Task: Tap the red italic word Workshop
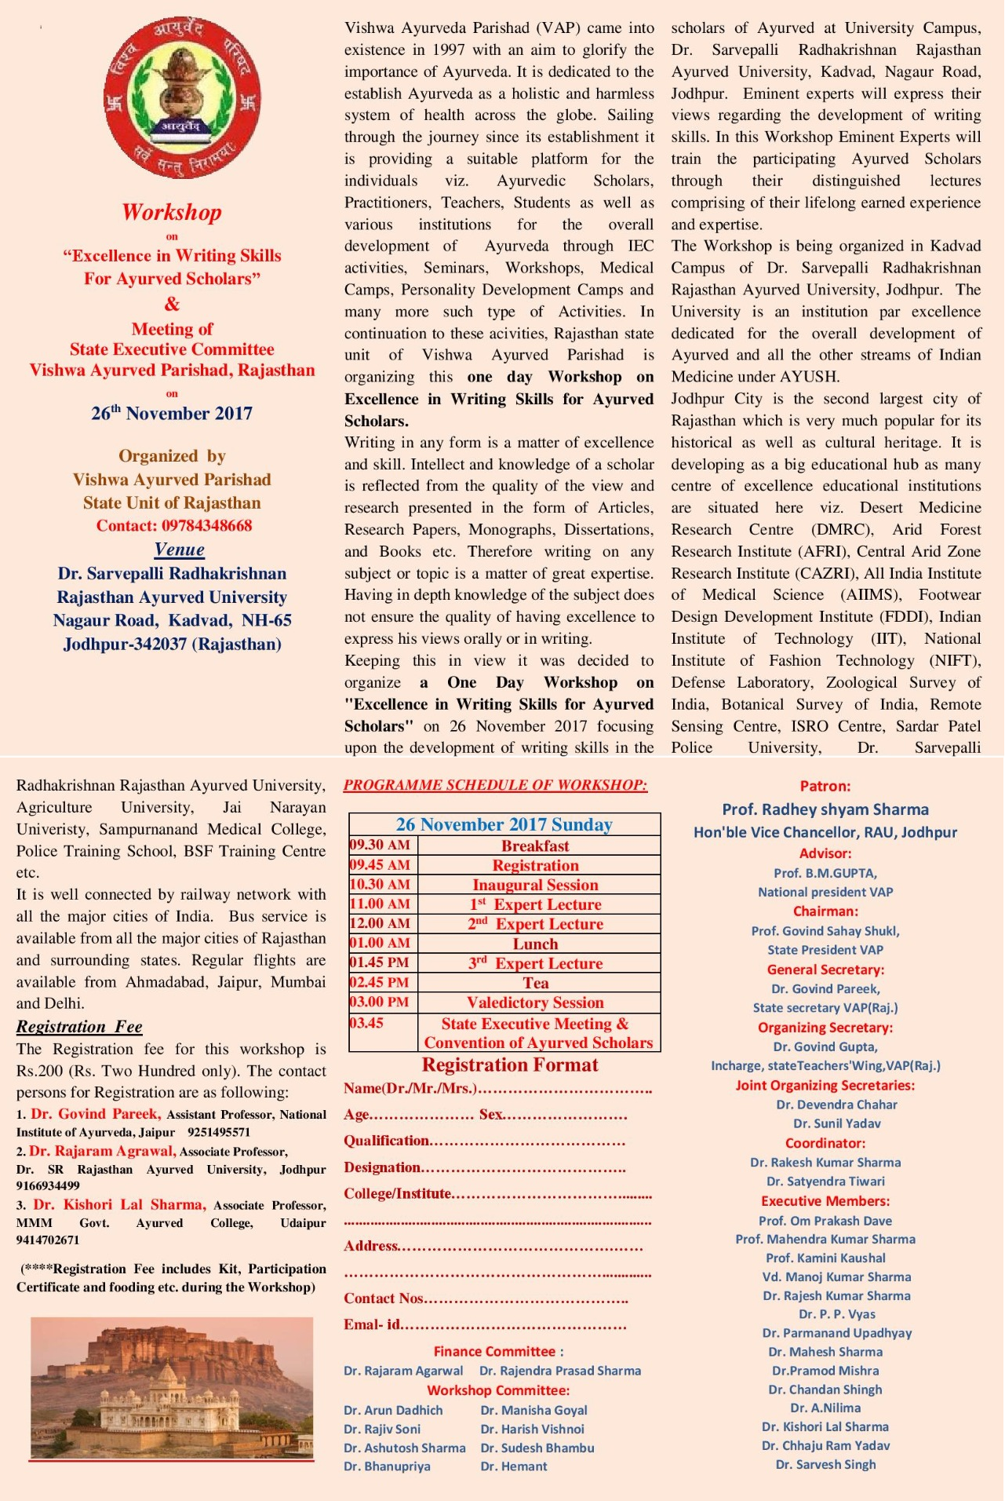pyautogui.click(x=172, y=212)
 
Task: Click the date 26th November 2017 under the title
pyautogui.click(x=172, y=413)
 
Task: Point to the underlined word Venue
pyautogui.click(x=180, y=550)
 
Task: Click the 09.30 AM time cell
pyautogui.click(x=381, y=845)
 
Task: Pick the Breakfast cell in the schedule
pyautogui.click(x=535, y=845)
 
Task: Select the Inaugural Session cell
pyautogui.click(x=535, y=885)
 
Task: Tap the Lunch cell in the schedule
pyautogui.click(x=535, y=944)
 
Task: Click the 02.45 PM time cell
pyautogui.click(x=381, y=982)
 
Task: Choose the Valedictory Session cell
pyautogui.click(x=535, y=1002)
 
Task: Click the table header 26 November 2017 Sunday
pyautogui.click(x=504, y=824)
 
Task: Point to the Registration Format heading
pyautogui.click(x=509, y=1065)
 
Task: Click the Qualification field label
pyautogui.click(x=387, y=1141)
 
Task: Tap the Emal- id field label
pyautogui.click(x=372, y=1324)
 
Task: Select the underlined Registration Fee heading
pyautogui.click(x=79, y=1027)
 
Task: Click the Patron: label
pyautogui.click(x=825, y=786)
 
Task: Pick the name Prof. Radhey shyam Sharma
pyautogui.click(x=825, y=809)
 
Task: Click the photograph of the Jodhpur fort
pyautogui.click(x=172, y=1388)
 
